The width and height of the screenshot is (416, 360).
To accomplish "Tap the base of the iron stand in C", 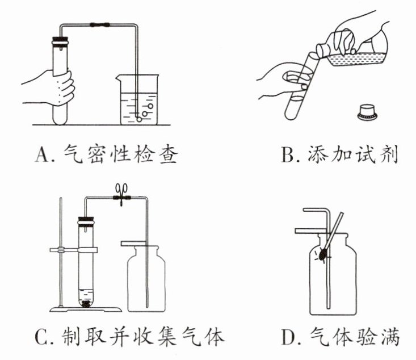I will pyautogui.click(x=85, y=308).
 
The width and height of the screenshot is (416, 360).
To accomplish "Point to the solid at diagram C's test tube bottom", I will pyautogui.click(x=87, y=303).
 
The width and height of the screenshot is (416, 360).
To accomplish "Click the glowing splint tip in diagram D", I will pyautogui.click(x=323, y=256).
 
